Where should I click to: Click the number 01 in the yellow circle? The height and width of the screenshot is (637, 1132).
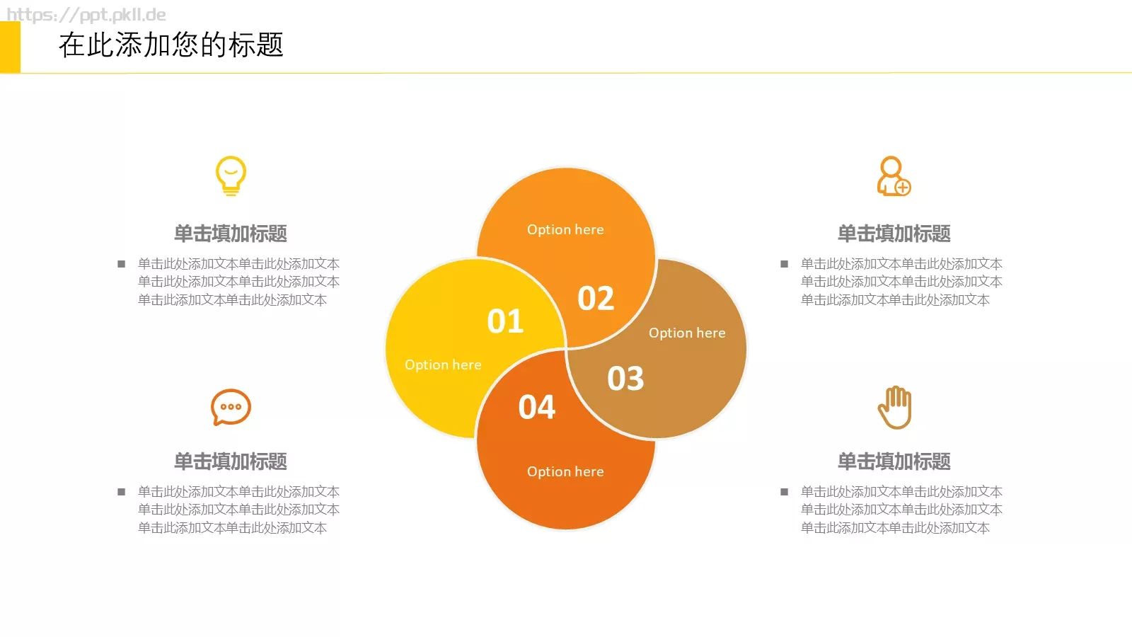(x=505, y=321)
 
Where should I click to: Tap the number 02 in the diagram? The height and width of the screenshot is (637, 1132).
(x=596, y=298)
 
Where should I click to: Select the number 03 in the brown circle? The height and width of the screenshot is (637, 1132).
(x=625, y=379)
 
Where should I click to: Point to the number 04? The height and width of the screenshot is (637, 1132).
(x=537, y=407)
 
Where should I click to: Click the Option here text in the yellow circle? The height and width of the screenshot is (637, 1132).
(x=443, y=365)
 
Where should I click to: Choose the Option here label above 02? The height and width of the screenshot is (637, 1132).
(x=565, y=229)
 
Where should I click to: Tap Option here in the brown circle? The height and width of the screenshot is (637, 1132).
(x=687, y=333)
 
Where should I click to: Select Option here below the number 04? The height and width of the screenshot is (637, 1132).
(x=565, y=471)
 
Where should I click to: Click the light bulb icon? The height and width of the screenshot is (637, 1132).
(x=231, y=176)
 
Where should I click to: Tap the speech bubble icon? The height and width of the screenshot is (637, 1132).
(x=231, y=407)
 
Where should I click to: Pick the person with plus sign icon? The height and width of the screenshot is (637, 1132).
(x=893, y=176)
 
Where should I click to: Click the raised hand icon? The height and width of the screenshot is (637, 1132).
(x=895, y=407)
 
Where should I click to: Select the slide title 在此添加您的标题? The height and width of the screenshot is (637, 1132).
(x=171, y=45)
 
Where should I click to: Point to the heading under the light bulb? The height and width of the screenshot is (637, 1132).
(x=231, y=234)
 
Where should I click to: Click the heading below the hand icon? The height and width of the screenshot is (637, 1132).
(x=894, y=461)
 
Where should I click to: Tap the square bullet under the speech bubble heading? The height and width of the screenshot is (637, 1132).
(x=122, y=492)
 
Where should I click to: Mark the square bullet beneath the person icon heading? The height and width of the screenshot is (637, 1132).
(x=784, y=264)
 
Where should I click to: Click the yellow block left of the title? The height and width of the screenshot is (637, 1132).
(x=10, y=47)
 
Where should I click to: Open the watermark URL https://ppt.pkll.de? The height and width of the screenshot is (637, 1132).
(x=86, y=15)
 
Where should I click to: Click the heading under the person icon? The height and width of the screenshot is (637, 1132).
(x=894, y=234)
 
